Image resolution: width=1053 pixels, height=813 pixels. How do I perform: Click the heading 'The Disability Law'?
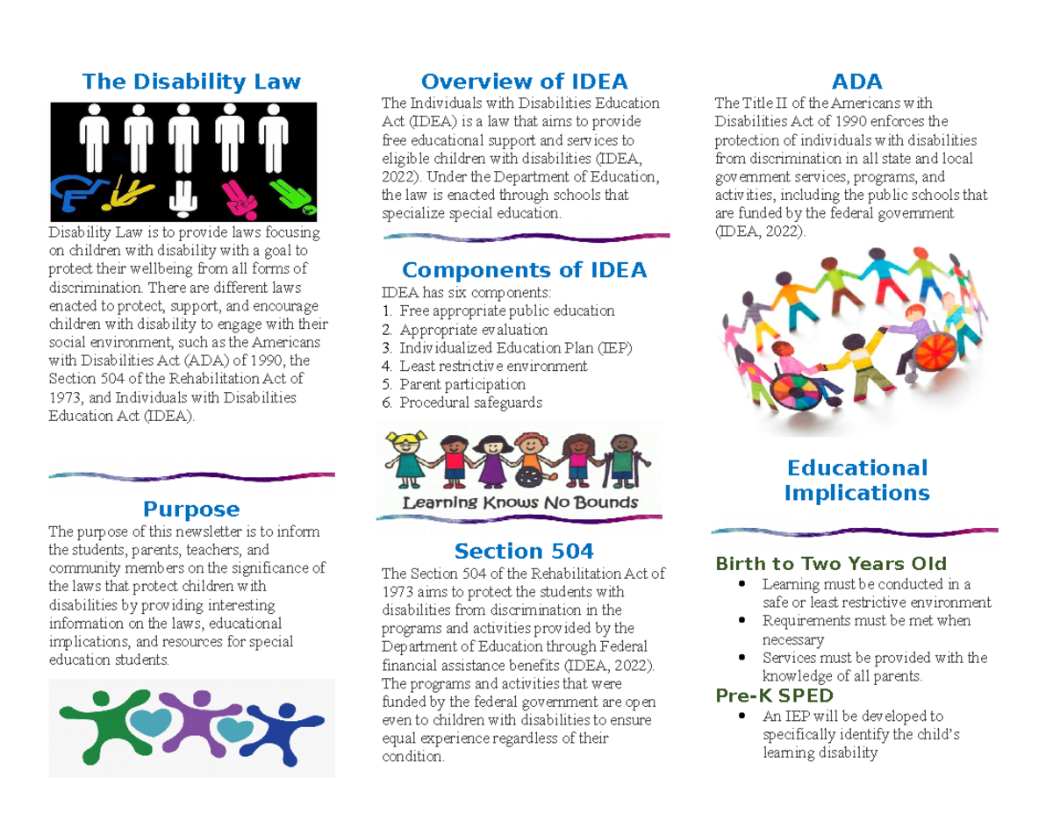(x=191, y=82)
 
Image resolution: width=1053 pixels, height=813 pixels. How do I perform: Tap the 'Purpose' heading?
(x=191, y=509)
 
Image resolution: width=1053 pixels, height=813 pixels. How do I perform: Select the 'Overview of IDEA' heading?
(x=525, y=82)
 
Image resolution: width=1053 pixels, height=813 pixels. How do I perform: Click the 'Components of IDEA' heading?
(x=525, y=270)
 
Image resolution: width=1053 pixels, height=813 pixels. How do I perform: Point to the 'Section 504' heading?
(x=524, y=551)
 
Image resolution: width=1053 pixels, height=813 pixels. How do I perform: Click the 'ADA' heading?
(x=856, y=82)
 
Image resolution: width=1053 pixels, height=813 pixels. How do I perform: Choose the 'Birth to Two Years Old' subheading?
(x=831, y=564)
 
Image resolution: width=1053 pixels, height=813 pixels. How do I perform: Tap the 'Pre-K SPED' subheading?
(x=774, y=695)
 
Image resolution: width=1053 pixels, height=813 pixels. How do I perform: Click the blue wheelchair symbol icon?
(x=77, y=193)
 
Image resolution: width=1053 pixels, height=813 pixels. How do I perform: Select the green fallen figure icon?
(x=294, y=197)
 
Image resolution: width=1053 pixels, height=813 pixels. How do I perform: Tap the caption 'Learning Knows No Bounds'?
(x=520, y=503)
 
